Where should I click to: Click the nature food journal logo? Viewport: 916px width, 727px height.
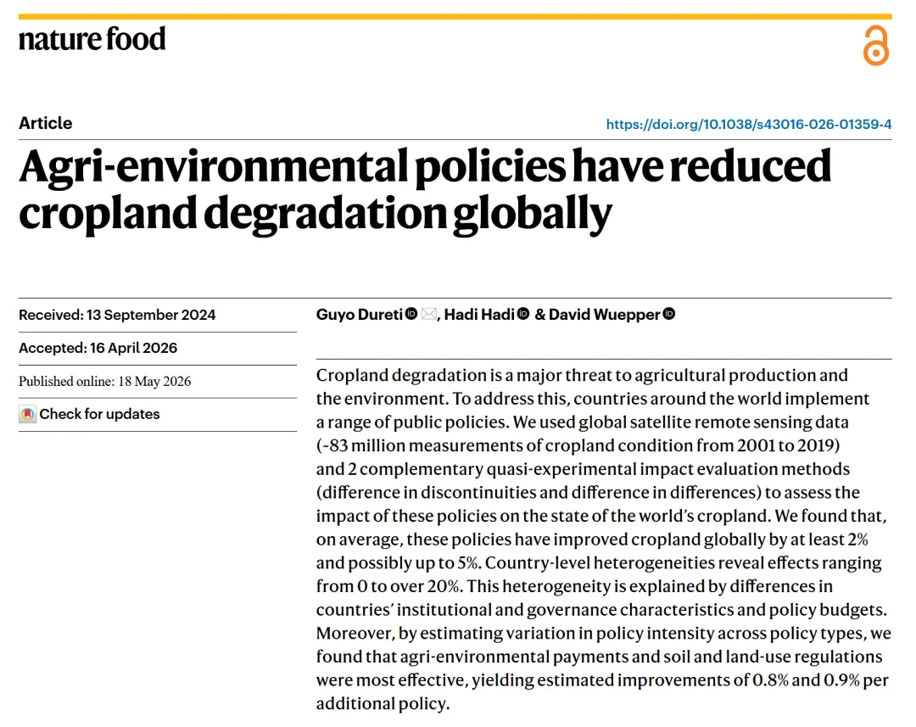(92, 39)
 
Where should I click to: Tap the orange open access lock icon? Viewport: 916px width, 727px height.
(875, 45)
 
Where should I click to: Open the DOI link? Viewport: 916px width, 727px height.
(748, 124)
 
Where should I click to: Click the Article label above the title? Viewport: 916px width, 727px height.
(46, 123)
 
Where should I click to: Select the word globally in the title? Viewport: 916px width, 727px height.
(533, 215)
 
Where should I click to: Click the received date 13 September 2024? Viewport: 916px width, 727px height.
(151, 315)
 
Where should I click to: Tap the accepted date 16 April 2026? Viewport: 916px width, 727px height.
(134, 348)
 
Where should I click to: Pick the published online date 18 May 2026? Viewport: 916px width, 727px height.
(155, 381)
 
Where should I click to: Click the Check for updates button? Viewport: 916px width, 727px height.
(89, 414)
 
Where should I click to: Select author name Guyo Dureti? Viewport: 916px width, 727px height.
(360, 315)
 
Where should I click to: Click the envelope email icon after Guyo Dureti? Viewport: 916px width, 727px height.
(429, 314)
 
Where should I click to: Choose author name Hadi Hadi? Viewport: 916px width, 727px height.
(479, 315)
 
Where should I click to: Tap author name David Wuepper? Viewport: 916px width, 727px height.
(604, 315)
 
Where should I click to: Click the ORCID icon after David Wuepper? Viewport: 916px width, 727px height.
(669, 314)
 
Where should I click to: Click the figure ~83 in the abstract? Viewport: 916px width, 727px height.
(332, 445)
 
